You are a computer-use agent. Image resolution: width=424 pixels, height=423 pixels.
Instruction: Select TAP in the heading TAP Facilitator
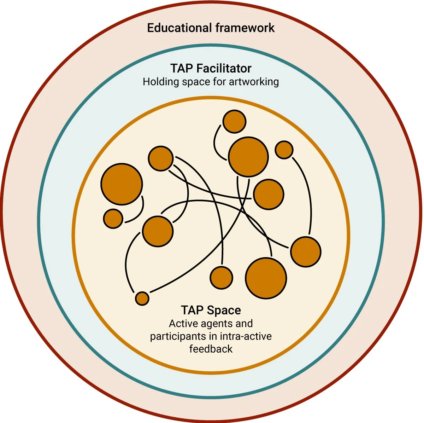[181, 68]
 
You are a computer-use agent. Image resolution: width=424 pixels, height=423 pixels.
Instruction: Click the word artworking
[254, 82]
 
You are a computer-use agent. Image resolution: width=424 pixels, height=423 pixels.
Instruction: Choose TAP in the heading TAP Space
[192, 310]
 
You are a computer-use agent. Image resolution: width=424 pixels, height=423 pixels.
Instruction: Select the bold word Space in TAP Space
[224, 310]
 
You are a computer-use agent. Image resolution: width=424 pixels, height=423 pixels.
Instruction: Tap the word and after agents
[244, 324]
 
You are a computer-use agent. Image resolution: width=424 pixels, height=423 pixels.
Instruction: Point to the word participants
[178, 336]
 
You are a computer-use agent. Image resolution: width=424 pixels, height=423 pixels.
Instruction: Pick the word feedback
[211, 349]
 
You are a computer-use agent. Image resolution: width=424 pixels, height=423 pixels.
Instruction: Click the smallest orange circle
[142, 299]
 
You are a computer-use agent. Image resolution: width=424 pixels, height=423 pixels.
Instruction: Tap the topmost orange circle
[234, 122]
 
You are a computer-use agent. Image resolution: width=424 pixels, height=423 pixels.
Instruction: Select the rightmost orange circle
[306, 252]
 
